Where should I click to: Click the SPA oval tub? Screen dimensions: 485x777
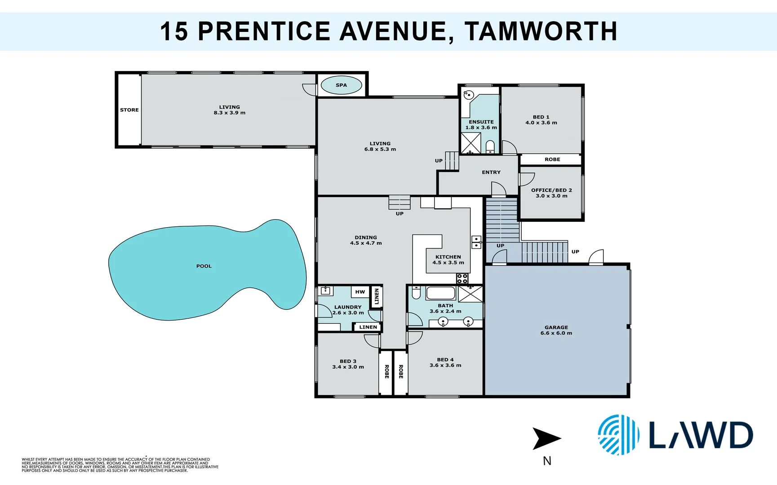coord(341,85)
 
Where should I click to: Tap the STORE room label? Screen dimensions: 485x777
coord(129,110)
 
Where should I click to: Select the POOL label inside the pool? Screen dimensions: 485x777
coord(204,266)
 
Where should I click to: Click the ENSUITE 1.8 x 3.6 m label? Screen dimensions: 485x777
coord(481,125)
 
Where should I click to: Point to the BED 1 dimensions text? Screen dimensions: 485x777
coord(541,123)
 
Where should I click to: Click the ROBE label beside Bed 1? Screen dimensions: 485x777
coord(552,159)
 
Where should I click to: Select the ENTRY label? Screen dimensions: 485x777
coord(491,172)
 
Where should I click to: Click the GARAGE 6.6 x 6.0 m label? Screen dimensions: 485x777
coord(556,331)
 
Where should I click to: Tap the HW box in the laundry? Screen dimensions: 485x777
coord(360,292)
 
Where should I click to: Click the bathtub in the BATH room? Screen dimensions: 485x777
coord(440,293)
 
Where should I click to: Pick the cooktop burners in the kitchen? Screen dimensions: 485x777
coord(462,278)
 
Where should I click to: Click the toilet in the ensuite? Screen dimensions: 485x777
coord(490,147)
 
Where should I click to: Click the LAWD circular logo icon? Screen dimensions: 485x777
coord(618,435)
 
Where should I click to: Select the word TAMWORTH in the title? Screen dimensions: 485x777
coord(541,31)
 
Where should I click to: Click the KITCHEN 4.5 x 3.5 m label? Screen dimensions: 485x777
coord(448,260)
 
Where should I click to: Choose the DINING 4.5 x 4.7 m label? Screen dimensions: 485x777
coord(366,240)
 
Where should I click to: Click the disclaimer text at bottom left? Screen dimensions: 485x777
coord(120,465)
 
